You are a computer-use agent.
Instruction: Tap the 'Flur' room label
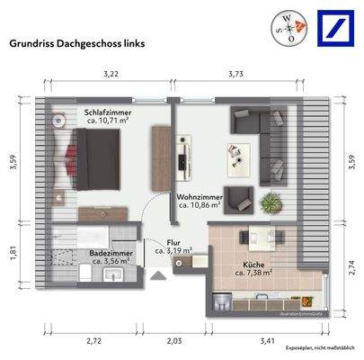click(173, 242)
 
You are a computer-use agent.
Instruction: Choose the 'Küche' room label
click(253, 265)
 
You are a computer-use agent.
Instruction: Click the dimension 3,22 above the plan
click(111, 74)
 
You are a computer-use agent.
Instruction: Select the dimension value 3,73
click(237, 74)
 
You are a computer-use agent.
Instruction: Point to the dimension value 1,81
click(12, 254)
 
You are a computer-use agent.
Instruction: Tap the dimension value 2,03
click(174, 340)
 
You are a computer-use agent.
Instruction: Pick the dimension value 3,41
click(266, 340)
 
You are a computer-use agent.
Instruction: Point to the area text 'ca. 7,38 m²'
click(253, 274)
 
